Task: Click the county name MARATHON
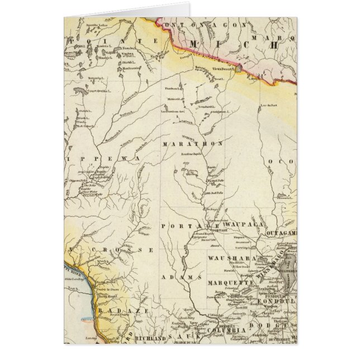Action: pos(192,144)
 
